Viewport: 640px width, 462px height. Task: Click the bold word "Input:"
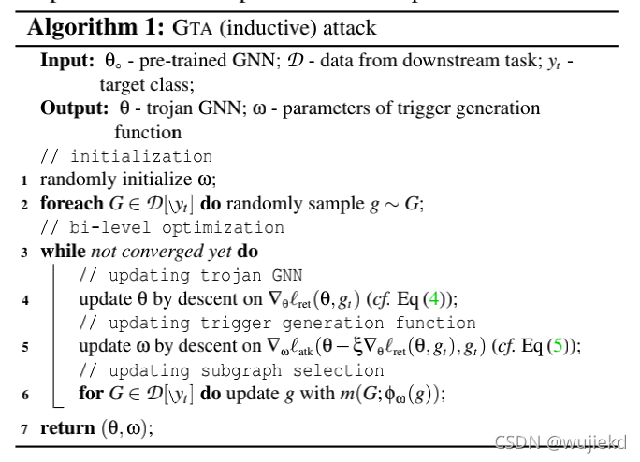(65, 60)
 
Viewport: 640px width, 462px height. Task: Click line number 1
(23, 180)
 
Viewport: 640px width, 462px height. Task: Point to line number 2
(23, 203)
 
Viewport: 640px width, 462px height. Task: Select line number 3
(23, 252)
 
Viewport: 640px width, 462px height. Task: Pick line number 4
(23, 299)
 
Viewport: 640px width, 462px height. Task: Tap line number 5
(23, 347)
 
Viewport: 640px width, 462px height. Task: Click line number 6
(23, 395)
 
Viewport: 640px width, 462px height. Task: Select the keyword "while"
(61, 252)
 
